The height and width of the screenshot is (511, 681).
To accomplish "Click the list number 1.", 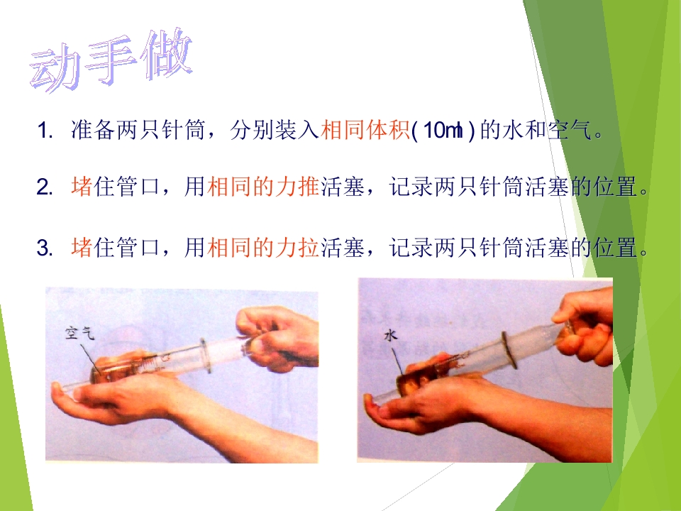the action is pyautogui.click(x=45, y=131).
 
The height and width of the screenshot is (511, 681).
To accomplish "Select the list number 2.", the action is pyautogui.click(x=45, y=187).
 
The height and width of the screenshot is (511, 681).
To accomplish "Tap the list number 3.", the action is pyautogui.click(x=45, y=248).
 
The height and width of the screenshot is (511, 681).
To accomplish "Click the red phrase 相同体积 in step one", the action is pyautogui.click(x=365, y=130).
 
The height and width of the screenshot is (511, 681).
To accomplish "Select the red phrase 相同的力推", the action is pyautogui.click(x=263, y=187).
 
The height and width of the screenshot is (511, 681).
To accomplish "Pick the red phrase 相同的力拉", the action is pyautogui.click(x=263, y=247).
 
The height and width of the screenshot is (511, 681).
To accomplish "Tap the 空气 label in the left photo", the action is pyautogui.click(x=79, y=334).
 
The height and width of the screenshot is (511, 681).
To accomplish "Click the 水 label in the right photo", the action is pyautogui.click(x=390, y=336).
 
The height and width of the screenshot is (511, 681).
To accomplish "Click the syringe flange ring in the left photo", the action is pyautogui.click(x=205, y=356).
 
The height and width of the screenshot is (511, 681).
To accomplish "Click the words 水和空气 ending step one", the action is pyautogui.click(x=547, y=130).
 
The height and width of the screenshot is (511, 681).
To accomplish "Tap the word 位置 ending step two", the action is pyautogui.click(x=616, y=187).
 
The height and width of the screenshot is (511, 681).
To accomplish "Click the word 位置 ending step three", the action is pyautogui.click(x=616, y=247).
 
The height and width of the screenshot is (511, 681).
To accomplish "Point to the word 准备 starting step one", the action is pyautogui.click(x=93, y=130).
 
